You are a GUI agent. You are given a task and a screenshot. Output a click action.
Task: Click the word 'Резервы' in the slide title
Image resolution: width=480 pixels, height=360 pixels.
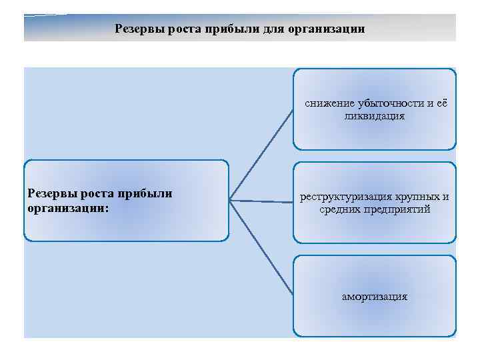(137, 29)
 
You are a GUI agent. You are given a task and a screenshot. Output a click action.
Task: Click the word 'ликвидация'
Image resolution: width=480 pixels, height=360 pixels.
(375, 117)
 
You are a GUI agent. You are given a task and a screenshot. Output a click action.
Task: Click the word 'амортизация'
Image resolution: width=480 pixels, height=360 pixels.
(375, 296)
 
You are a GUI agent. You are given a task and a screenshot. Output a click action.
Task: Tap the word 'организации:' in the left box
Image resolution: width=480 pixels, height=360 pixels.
(69, 207)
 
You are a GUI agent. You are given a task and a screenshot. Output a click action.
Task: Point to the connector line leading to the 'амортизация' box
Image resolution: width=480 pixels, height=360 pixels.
(262, 247)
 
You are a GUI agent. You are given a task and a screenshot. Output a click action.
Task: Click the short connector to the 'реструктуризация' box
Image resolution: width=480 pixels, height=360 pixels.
(261, 201)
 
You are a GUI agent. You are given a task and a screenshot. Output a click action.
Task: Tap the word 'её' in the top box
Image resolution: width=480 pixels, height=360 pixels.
(443, 104)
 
